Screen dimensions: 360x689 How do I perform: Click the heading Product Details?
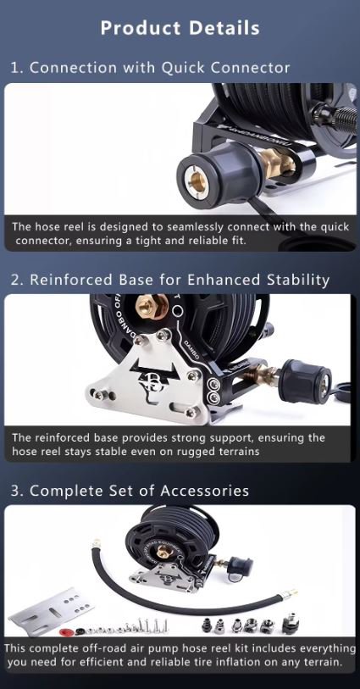click(180, 28)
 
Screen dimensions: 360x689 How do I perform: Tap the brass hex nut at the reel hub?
click(152, 306)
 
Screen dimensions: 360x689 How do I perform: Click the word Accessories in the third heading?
click(204, 491)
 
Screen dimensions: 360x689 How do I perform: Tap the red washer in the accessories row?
click(65, 632)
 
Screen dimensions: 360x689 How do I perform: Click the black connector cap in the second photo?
click(306, 381)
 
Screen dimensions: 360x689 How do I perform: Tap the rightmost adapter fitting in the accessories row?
click(291, 623)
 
